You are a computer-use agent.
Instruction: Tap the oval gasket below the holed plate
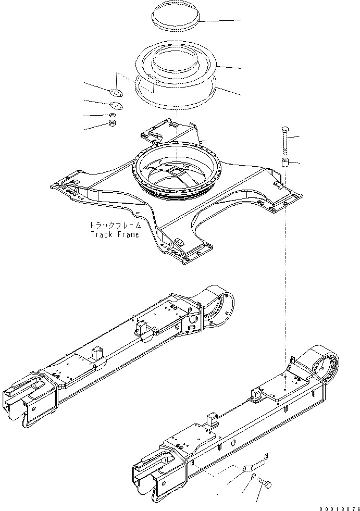(x=116, y=105)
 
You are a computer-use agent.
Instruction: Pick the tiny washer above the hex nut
(x=112, y=115)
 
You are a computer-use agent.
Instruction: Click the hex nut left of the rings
(x=112, y=123)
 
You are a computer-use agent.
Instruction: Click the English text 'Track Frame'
(x=115, y=234)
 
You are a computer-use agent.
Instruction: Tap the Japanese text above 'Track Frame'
(x=115, y=226)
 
